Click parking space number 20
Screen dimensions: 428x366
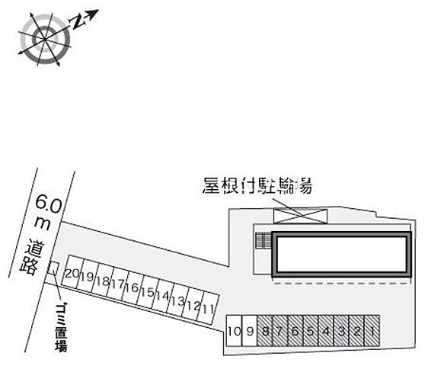tap(72, 271)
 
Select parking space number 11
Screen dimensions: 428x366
tap(209, 308)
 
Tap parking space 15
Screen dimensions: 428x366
tap(148, 292)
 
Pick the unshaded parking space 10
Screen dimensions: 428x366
tap(235, 331)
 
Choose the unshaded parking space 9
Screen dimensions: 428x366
tap(250, 331)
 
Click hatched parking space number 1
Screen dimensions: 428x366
tap(372, 331)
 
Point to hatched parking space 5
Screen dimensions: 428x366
tap(311, 331)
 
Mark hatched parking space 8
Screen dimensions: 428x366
tap(265, 331)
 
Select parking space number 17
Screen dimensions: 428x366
tap(117, 284)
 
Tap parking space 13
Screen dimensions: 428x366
tap(178, 300)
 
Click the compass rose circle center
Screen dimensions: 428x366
tap(45, 39)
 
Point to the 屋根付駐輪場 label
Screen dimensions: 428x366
tap(257, 186)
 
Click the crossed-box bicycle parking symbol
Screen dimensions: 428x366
tap(300, 216)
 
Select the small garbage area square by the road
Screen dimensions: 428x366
tap(53, 268)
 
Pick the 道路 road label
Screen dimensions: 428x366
tap(32, 258)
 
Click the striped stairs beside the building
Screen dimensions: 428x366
tap(264, 240)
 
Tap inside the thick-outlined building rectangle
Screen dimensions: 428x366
tap(342, 254)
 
